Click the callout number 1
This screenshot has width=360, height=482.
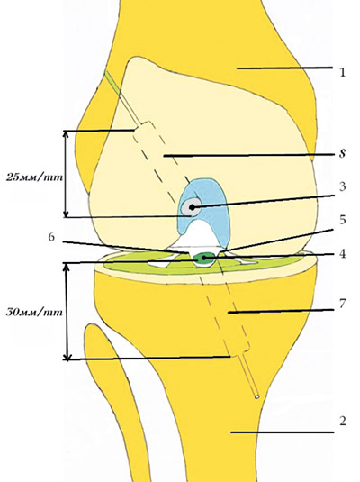pyautogui.click(x=343, y=72)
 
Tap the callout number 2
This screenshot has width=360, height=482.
pyautogui.click(x=343, y=421)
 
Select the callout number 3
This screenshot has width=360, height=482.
pyautogui.click(x=342, y=186)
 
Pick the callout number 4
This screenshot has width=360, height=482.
pyautogui.click(x=343, y=253)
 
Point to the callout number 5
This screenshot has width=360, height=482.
pyautogui.click(x=343, y=220)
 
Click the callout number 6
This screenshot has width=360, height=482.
pyautogui.click(x=52, y=237)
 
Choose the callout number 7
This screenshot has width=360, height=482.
pyautogui.click(x=343, y=304)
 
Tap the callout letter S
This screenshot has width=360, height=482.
pyautogui.click(x=343, y=153)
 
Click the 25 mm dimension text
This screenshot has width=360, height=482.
pyautogui.click(x=34, y=177)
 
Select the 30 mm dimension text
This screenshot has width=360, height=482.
pyautogui.click(x=34, y=313)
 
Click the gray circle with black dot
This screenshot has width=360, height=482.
pyautogui.click(x=192, y=207)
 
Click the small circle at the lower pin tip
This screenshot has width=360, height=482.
pyautogui.click(x=257, y=396)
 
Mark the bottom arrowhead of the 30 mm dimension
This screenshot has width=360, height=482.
pyautogui.click(x=67, y=356)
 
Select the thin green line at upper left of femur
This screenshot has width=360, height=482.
pyautogui.click(x=113, y=82)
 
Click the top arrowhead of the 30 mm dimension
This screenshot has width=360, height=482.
pyautogui.click(x=67, y=267)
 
